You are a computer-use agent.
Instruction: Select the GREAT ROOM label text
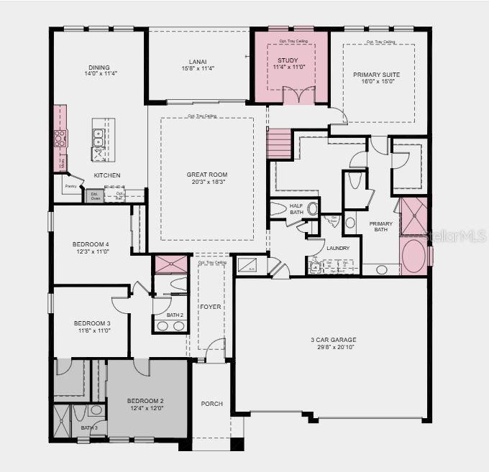(207, 175)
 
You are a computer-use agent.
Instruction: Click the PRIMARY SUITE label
(376, 75)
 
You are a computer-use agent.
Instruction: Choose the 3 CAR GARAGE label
(332, 340)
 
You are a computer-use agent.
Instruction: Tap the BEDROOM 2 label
(146, 400)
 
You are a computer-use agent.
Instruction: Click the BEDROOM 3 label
(92, 323)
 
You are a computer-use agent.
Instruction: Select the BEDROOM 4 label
(91, 244)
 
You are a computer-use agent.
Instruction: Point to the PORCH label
(211, 404)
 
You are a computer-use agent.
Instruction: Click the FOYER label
(211, 307)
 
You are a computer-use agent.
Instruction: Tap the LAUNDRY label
(337, 248)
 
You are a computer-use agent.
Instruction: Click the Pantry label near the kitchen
(70, 186)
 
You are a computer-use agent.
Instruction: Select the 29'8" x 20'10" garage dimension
(332, 347)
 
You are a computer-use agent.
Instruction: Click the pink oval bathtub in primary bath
(413, 255)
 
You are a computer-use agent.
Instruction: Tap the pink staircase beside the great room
(279, 144)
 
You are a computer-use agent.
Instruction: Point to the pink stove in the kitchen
(60, 138)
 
